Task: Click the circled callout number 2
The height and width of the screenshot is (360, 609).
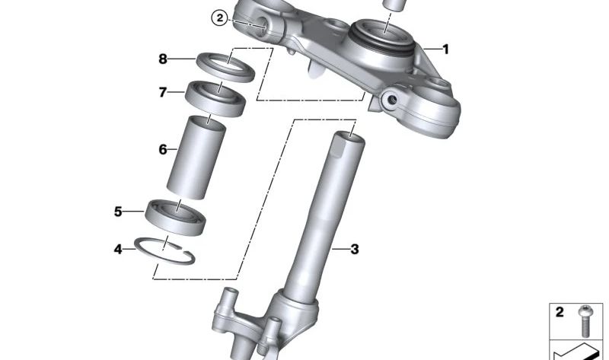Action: point(218,18)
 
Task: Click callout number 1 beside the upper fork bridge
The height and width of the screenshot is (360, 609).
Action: point(446,50)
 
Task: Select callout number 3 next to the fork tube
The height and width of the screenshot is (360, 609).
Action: point(354,249)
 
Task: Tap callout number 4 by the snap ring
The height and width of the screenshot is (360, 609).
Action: point(118,248)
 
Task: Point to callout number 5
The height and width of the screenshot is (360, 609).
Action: point(118,212)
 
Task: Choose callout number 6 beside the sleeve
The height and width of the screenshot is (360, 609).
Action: point(162,150)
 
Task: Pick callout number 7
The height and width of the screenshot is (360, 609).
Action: point(162,93)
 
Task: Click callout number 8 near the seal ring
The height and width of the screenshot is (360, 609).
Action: point(162,59)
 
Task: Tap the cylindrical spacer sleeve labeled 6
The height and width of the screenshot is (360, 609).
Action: point(196,156)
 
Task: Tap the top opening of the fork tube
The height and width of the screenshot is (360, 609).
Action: point(350,138)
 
